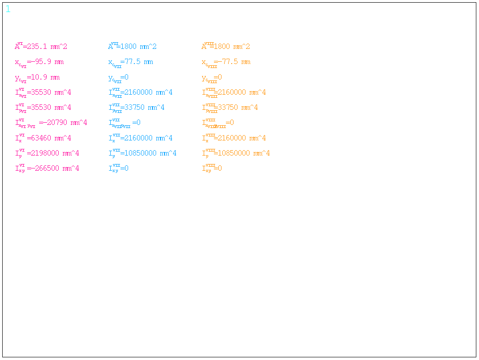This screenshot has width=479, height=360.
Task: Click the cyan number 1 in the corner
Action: pos(8,9)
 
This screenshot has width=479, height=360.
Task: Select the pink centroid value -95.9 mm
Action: pos(45,62)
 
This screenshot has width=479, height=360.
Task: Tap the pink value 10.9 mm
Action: pos(43,77)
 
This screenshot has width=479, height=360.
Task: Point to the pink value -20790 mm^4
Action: pos(63,123)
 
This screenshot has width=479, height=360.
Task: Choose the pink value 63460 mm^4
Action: pos(49,138)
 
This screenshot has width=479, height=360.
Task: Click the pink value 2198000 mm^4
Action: pos(53,153)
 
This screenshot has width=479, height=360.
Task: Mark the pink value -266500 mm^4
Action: pos(53,168)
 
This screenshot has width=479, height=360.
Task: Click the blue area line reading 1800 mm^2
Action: pos(138,47)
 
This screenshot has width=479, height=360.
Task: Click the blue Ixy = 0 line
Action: pos(119,168)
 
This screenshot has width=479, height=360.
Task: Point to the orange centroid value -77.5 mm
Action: pos(232,62)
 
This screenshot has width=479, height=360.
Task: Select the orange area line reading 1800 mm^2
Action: pos(232,47)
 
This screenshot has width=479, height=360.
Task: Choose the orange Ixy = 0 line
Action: pos(212,168)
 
